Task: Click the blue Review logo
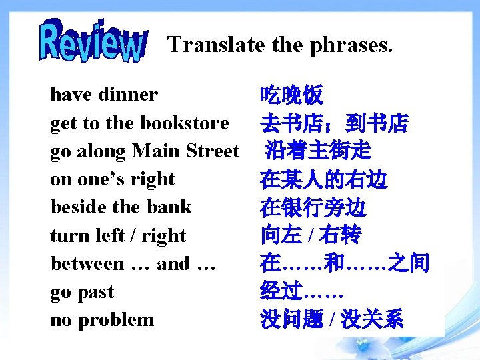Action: click(93, 41)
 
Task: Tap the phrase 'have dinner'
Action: click(104, 95)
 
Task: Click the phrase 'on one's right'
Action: click(112, 179)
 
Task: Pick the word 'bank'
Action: click(169, 207)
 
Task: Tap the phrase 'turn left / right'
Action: click(118, 235)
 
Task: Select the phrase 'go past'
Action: click(82, 292)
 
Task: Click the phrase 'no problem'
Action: click(102, 320)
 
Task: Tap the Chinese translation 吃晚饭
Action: click(292, 95)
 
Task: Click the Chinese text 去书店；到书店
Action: click(335, 123)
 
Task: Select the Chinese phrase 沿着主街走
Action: click(318, 151)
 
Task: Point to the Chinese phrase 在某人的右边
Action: click(324, 179)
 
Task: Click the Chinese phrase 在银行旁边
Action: click(313, 208)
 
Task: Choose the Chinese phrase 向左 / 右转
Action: click(311, 235)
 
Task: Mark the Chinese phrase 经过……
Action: click(302, 292)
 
